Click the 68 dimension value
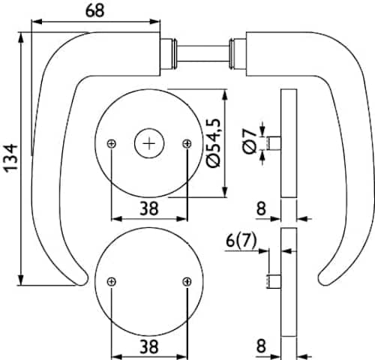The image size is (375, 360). click(x=94, y=11)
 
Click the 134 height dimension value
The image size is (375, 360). click(x=11, y=158)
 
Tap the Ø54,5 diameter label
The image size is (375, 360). click(x=214, y=143)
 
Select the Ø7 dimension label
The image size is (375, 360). click(x=250, y=141)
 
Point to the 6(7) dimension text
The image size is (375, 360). click(x=241, y=241)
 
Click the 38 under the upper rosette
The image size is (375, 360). click(x=149, y=208)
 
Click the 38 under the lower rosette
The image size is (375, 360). click(x=149, y=346)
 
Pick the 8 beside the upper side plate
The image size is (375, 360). click(x=261, y=208)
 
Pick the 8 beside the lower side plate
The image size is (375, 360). click(x=261, y=346)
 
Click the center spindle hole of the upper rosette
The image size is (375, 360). click(x=149, y=143)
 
